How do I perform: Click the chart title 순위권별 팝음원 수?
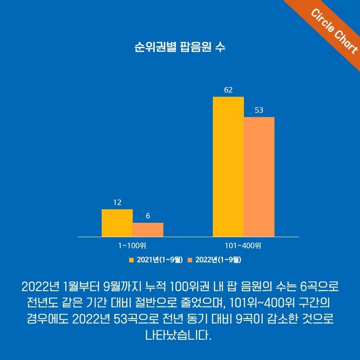click(180, 47)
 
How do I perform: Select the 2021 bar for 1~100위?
click(117, 223)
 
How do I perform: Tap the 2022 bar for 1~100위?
click(148, 229)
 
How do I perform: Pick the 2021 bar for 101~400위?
click(228, 166)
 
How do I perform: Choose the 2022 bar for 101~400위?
click(259, 177)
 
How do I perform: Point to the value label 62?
click(228, 90)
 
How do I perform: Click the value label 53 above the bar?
click(259, 110)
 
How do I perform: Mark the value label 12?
click(117, 202)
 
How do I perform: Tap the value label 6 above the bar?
click(148, 216)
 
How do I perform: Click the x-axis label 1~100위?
click(132, 246)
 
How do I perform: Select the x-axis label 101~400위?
click(243, 246)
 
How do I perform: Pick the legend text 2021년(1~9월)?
click(159, 260)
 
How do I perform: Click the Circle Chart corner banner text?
click(334, 31)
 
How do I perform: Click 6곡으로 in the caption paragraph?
click(319, 286)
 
